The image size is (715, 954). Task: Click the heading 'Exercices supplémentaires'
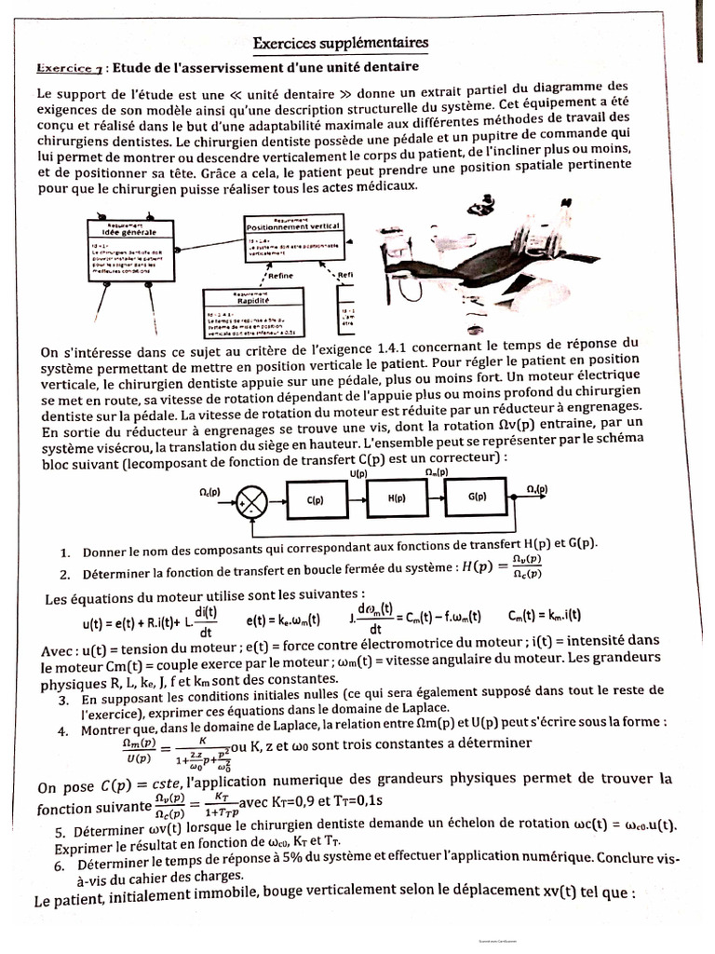tap(342, 44)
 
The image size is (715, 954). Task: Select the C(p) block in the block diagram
tap(315, 499)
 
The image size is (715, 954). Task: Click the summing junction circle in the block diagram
tap(249, 500)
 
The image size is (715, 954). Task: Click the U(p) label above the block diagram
tap(357, 474)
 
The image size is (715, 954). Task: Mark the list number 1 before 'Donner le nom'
tap(62, 552)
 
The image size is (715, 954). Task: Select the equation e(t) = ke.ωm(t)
tap(283, 618)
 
